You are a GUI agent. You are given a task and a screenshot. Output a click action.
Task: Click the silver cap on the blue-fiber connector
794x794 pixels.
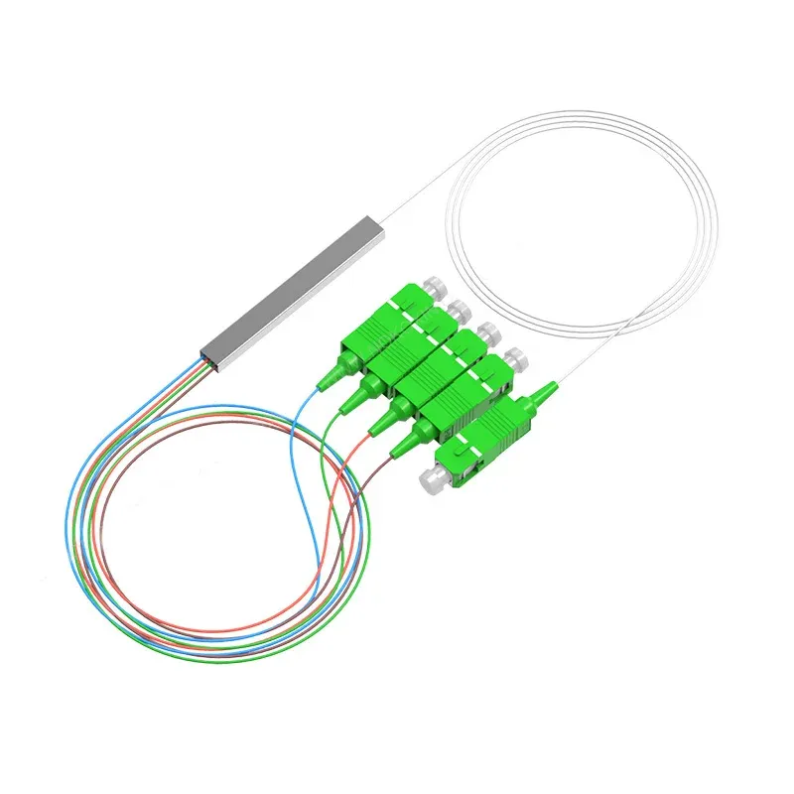(x=429, y=288)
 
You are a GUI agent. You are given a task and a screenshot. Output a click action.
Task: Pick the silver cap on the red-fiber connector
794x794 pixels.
(x=487, y=333)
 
